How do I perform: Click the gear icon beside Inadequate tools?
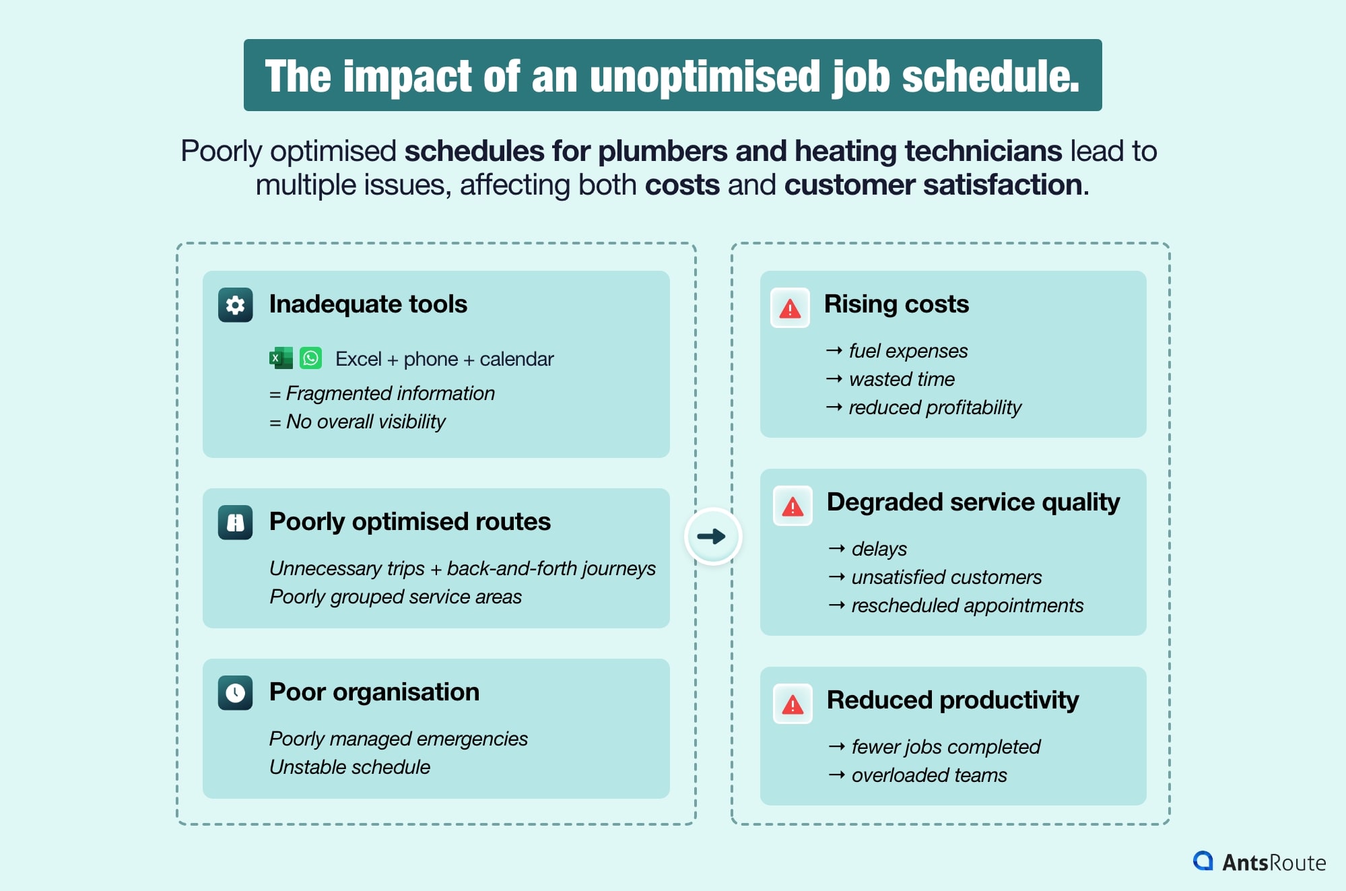coord(235,305)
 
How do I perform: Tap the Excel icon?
coord(281,358)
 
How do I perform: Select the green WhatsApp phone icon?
coord(310,358)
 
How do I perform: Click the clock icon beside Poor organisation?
coord(235,693)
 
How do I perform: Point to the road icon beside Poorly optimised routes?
coord(235,523)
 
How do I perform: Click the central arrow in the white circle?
coord(712,536)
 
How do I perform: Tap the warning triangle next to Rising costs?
coord(790,308)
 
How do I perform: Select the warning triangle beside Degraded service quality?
coord(793,506)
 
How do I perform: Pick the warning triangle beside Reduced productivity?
coord(793,704)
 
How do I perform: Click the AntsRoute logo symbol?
coord(1203,861)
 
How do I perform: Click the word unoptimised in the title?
coord(706,76)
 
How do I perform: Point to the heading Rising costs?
coord(896,304)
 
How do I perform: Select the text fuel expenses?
coord(908,351)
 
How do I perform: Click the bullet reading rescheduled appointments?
coord(967,605)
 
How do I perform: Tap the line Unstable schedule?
coord(349,767)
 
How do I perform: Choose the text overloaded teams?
coord(929,775)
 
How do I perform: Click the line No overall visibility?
coord(366,422)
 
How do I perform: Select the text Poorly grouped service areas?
coord(395,597)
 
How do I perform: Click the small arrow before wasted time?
coord(834,379)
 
